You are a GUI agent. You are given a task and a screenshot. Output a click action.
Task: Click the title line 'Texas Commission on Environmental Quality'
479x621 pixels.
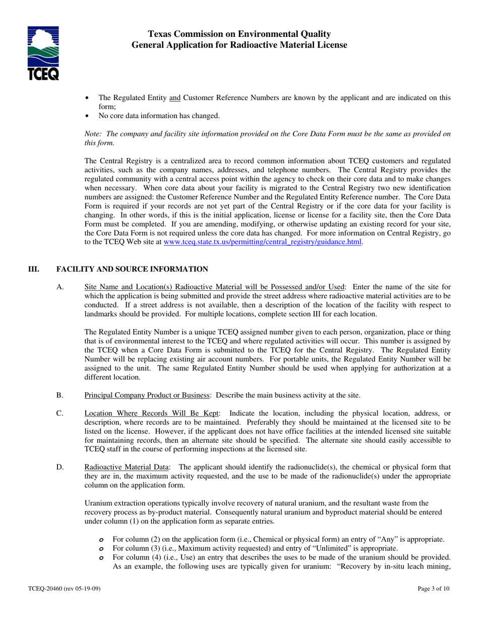(x=239, y=34)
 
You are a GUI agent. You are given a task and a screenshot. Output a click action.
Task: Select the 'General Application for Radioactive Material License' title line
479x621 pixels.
(x=239, y=45)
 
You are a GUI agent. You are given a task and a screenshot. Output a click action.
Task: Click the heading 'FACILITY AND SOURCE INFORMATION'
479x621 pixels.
(x=132, y=269)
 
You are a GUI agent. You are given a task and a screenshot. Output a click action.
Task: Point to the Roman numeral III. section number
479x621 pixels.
(x=33, y=269)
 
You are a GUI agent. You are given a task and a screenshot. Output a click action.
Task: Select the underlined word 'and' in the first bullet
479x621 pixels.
(x=175, y=98)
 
